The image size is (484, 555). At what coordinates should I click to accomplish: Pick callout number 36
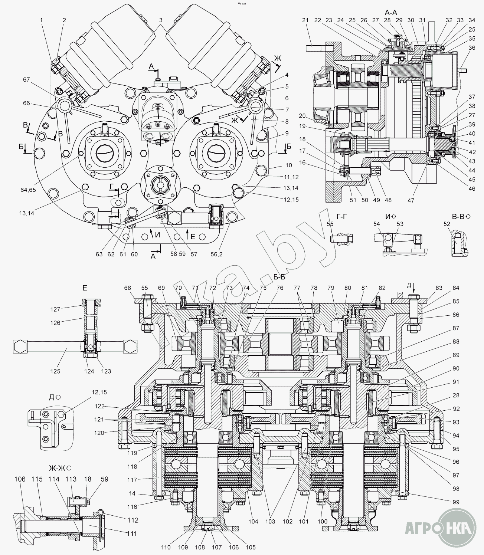click(x=472, y=48)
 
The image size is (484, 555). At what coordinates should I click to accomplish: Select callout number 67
click(x=26, y=80)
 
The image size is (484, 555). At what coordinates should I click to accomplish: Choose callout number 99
click(x=456, y=502)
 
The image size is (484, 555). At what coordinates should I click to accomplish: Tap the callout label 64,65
click(x=29, y=190)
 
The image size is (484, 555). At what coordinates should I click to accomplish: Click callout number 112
click(x=134, y=520)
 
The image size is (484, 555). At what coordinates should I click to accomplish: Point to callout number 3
click(x=160, y=20)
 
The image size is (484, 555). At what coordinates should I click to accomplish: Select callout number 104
click(x=253, y=521)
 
